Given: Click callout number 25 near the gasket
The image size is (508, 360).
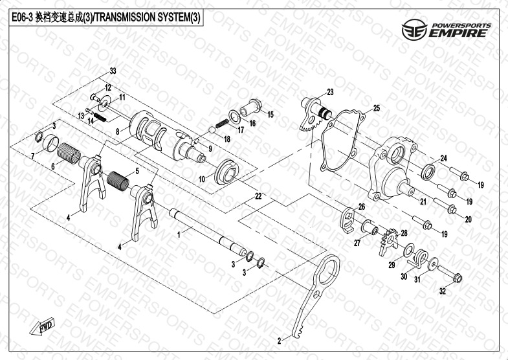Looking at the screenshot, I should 377,107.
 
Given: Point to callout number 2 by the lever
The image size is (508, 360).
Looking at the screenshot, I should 280,339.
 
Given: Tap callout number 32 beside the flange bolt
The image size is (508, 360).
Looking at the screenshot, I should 443,292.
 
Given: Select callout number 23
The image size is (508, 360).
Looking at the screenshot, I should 330,91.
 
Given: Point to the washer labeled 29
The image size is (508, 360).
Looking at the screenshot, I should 409,251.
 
